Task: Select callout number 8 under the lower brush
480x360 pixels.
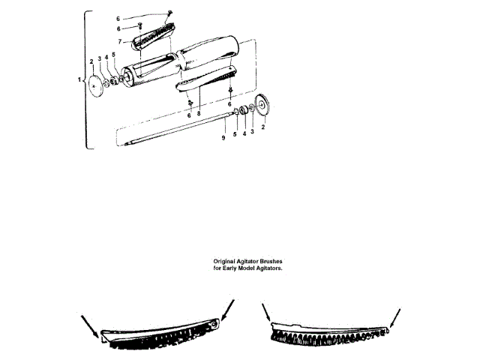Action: point(198,113)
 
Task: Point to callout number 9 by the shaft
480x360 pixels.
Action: point(223,139)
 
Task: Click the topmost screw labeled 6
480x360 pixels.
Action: point(171,12)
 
